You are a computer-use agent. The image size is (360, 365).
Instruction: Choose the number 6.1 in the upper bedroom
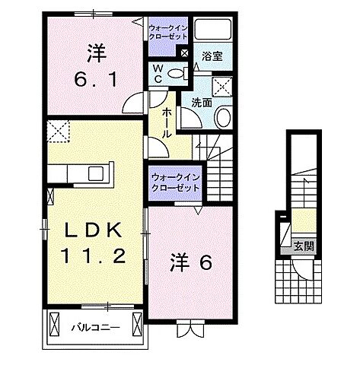[95, 78]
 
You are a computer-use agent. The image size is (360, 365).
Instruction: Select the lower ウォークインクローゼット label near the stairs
[175, 182]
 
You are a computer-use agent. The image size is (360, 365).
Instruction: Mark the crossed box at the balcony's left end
[55, 325]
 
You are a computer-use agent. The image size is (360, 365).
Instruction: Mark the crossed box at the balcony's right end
[135, 325]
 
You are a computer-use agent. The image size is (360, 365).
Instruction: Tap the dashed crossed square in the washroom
[223, 87]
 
